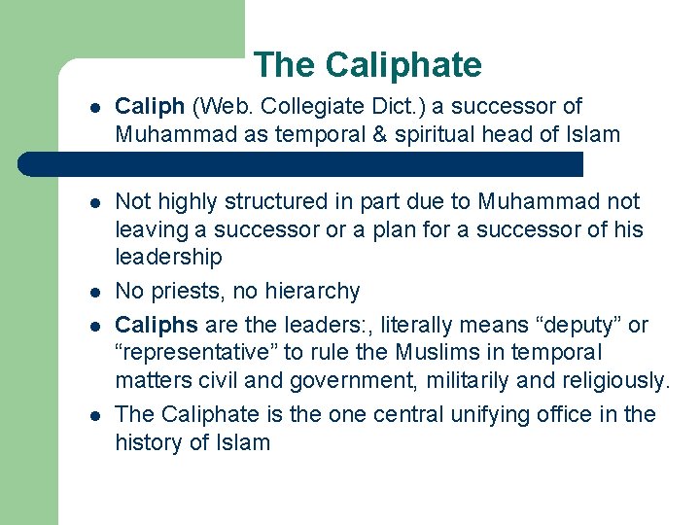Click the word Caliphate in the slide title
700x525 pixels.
(x=403, y=65)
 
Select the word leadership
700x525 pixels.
(x=168, y=258)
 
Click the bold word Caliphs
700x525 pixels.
(x=156, y=324)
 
